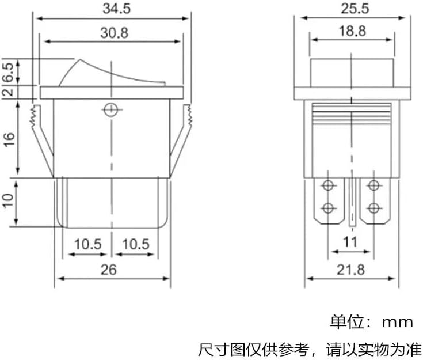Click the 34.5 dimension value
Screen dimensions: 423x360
[116, 9]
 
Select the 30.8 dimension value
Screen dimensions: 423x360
[115, 33]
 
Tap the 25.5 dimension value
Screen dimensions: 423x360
[355, 9]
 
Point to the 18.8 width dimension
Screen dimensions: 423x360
[352, 31]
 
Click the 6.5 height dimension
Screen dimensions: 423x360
[9, 73]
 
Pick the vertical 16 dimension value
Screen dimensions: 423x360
[9, 139]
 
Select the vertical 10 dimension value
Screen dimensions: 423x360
[8, 200]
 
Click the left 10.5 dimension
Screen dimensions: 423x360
[88, 244]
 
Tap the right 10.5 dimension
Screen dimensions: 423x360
[136, 244]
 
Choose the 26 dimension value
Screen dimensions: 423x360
[109, 270]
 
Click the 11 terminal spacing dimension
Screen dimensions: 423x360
[350, 242]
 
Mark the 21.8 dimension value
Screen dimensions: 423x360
[350, 270]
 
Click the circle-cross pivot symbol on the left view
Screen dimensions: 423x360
[110, 109]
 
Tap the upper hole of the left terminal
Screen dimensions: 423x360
[328, 185]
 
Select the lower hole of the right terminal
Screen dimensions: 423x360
[374, 208]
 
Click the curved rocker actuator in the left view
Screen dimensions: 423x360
[112, 73]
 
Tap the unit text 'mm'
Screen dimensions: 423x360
[397, 323]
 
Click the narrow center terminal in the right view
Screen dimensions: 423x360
[352, 202]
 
